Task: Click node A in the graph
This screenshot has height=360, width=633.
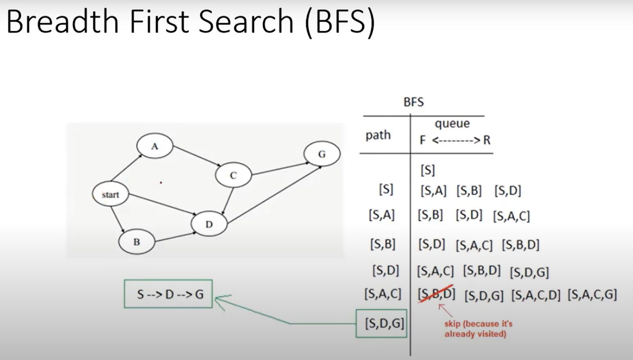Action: click(x=154, y=146)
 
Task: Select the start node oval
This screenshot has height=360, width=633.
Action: click(x=111, y=194)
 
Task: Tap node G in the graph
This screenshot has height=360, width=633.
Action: click(x=322, y=154)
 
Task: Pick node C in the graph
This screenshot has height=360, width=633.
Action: click(x=233, y=175)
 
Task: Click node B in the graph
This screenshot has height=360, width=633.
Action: click(x=137, y=242)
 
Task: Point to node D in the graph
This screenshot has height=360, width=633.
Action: click(x=209, y=224)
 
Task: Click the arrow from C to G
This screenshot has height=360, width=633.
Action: click(x=280, y=169)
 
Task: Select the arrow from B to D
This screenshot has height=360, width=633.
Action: click(x=176, y=237)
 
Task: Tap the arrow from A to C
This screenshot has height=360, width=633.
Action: click(x=197, y=156)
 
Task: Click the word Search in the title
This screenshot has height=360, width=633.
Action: click(x=246, y=21)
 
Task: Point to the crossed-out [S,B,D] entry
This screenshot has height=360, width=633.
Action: click(x=436, y=294)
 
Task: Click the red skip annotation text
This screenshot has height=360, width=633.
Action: click(x=478, y=329)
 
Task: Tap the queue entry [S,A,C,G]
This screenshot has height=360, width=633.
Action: click(x=592, y=295)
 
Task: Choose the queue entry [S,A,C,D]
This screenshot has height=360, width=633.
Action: click(x=535, y=295)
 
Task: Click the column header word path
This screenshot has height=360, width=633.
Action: click(x=378, y=135)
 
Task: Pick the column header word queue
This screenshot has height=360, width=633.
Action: click(x=452, y=124)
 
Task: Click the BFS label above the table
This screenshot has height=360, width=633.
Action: click(x=413, y=102)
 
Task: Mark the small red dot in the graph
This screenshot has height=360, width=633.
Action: click(x=161, y=183)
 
